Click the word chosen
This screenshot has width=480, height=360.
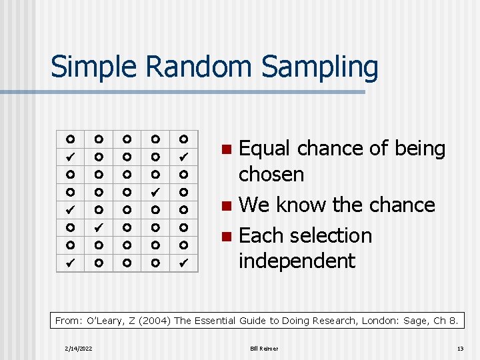tap(271, 175)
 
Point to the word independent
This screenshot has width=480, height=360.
tap(297, 261)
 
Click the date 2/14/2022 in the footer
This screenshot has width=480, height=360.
tap(79, 349)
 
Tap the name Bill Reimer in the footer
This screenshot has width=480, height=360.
tap(265, 349)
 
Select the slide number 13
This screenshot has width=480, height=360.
tap(459, 349)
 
